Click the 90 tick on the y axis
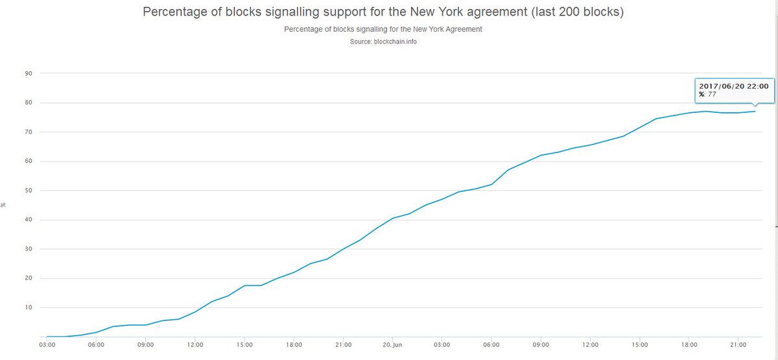pyautogui.click(x=29, y=73)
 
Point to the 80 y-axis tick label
pyautogui.click(x=29, y=102)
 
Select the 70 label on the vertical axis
pyautogui.click(x=29, y=132)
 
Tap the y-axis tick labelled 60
pyautogui.click(x=29, y=161)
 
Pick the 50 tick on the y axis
pyautogui.click(x=29, y=191)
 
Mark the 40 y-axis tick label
pyautogui.click(x=29, y=220)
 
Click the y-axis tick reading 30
pyautogui.click(x=29, y=249)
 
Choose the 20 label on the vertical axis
pyautogui.click(x=29, y=278)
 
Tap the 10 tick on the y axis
pyautogui.click(x=29, y=307)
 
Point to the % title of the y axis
pyautogui.click(x=4, y=205)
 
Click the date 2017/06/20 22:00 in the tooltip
pyautogui.click(x=733, y=86)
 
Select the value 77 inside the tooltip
pyautogui.click(x=711, y=95)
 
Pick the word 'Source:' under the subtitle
pyautogui.click(x=360, y=42)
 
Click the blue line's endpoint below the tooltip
pyautogui.click(x=755, y=111)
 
